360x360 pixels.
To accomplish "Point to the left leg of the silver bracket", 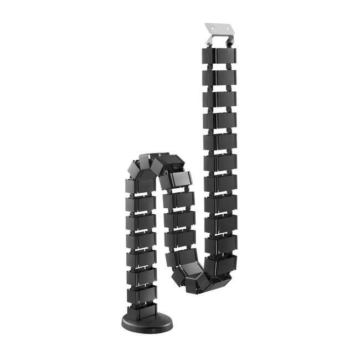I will click(x=209, y=42).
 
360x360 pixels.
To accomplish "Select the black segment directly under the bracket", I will click(x=219, y=56).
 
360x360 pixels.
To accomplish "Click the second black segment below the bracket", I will click(x=219, y=78).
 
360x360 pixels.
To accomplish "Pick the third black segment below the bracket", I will click(x=219, y=99).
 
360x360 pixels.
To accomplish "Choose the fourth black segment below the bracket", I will click(x=219, y=120).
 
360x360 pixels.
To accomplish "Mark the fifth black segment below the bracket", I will click(x=219, y=141).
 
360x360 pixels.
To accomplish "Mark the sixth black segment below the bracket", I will click(x=220, y=162).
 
